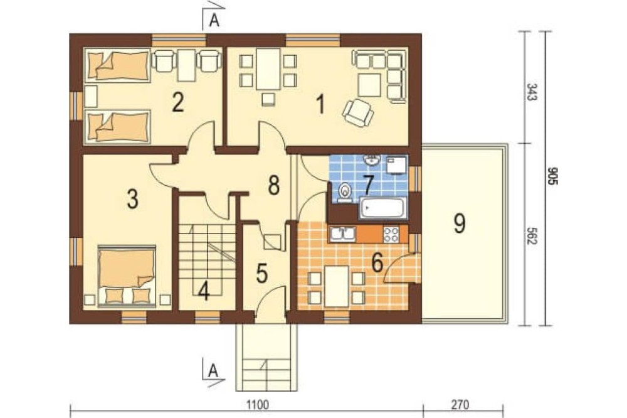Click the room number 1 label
click(x=320, y=105)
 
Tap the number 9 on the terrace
click(x=460, y=223)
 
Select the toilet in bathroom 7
click(x=344, y=192)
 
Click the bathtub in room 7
click(x=382, y=208)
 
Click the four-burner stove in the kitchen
click(x=391, y=235)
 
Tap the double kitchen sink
click(x=342, y=235)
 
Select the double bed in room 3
click(x=127, y=276)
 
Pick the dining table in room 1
click(x=268, y=68)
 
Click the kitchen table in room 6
click(x=337, y=286)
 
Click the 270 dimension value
click(x=460, y=405)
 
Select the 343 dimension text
click(x=532, y=92)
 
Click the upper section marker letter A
click(x=214, y=21)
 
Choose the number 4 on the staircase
click(x=204, y=291)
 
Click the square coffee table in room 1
click(x=369, y=85)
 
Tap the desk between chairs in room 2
click(x=186, y=65)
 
